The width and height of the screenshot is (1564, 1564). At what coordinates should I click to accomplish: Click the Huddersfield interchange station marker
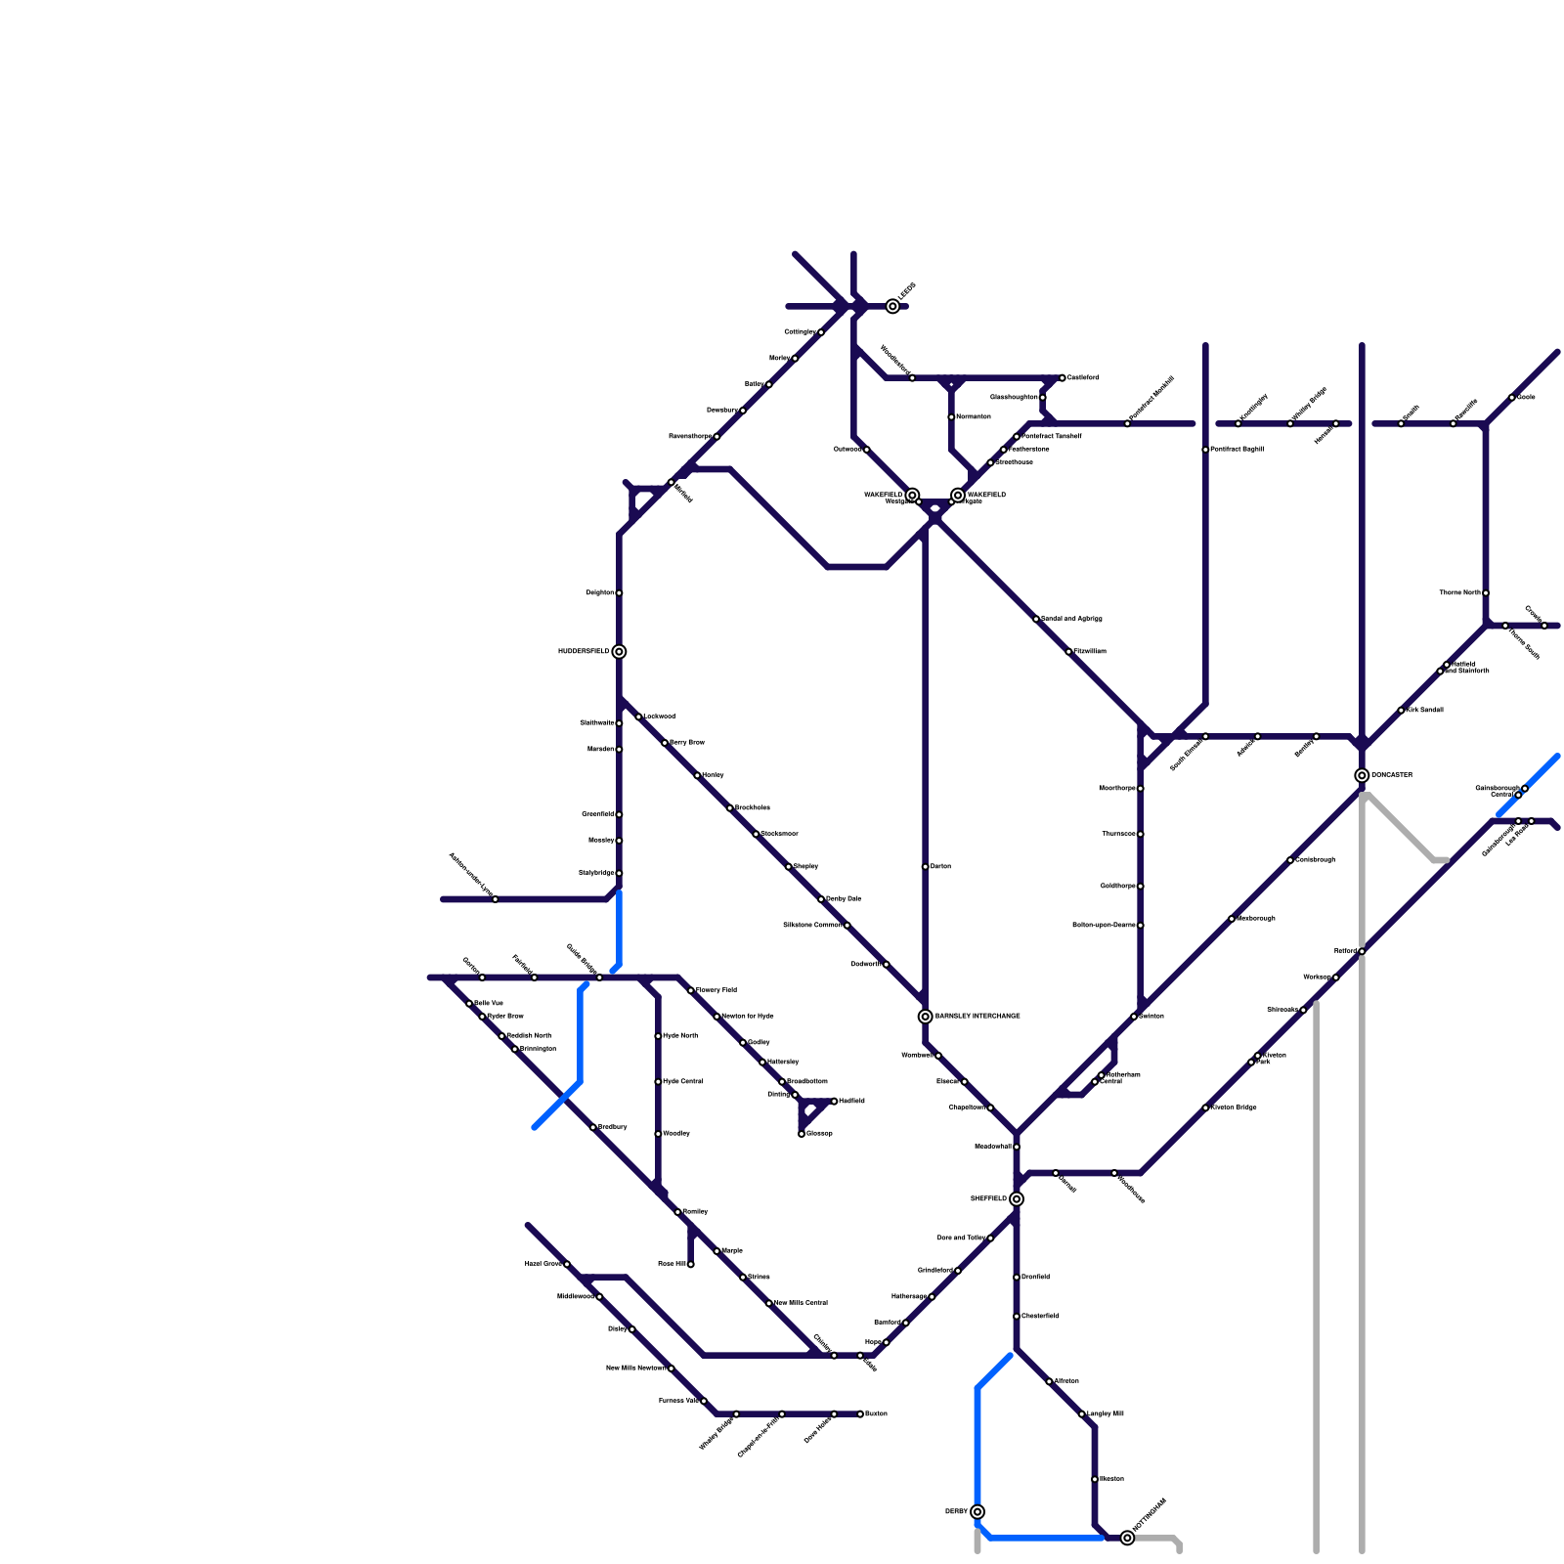coord(619,652)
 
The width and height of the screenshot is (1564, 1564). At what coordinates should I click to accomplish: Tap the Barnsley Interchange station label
coord(977,1017)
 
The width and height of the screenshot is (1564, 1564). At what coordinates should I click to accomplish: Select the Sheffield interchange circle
coord(1017,1199)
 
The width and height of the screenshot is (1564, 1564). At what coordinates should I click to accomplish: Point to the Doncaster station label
coord(1391,775)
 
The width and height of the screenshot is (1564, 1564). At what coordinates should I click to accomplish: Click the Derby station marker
coord(977,1512)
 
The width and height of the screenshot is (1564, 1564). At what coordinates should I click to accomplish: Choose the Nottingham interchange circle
coord(1127,1539)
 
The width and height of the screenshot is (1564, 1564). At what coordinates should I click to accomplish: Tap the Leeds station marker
coord(892,307)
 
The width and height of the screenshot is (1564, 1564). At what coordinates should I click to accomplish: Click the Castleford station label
coord(1083,377)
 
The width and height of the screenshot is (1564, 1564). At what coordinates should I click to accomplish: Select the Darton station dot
coord(926,867)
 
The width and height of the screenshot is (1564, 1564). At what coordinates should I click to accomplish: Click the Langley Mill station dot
coord(1082,1414)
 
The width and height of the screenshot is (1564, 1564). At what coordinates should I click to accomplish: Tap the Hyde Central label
coord(682,1082)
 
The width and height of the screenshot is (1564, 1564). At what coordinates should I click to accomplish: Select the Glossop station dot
coord(802,1134)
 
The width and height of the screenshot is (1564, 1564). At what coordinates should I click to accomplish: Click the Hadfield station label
coord(851,1102)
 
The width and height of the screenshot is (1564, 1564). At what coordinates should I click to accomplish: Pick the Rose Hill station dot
coord(691,1265)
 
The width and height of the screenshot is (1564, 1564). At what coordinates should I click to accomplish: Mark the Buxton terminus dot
coord(860,1414)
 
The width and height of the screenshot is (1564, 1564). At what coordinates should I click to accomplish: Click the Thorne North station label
coord(1459,593)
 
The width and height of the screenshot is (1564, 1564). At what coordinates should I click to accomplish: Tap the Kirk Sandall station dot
coord(1401,711)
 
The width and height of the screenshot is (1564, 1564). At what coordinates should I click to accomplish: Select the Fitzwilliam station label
coord(1090,652)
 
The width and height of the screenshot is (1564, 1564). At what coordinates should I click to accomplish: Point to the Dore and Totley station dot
coord(990,1238)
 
